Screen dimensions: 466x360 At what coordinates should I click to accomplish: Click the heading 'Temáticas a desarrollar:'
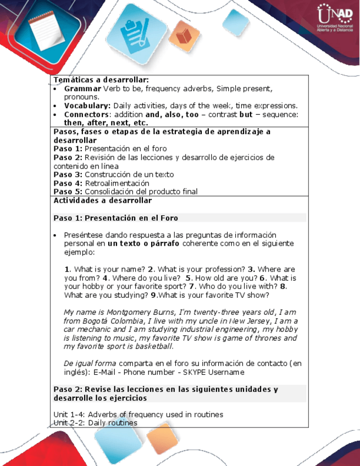tap(101, 80)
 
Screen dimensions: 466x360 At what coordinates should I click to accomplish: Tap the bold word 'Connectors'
tap(85, 114)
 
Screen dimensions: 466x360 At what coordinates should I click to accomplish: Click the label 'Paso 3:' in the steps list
tap(68, 175)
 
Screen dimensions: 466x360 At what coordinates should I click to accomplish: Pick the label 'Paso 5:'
tap(68, 192)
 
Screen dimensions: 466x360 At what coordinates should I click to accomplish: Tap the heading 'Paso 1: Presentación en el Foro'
tap(115, 218)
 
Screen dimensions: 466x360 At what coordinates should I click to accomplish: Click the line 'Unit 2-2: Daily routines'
tap(95, 423)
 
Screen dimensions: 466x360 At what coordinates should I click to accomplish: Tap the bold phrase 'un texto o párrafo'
tap(143, 243)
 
